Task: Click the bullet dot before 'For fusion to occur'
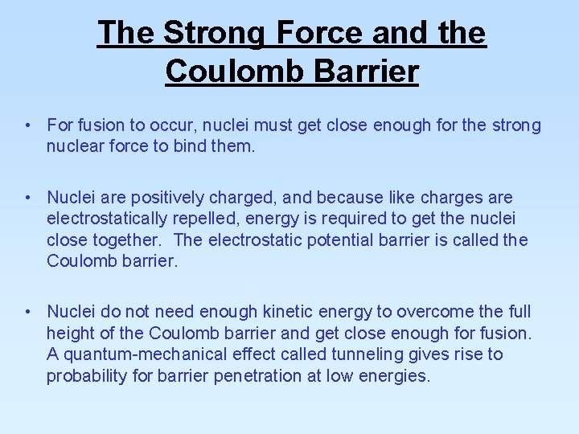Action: [x=27, y=125]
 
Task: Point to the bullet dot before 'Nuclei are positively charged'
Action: [x=27, y=198]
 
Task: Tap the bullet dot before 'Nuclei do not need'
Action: [x=27, y=312]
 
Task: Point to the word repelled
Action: [x=210, y=219]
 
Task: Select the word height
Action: [x=70, y=333]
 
